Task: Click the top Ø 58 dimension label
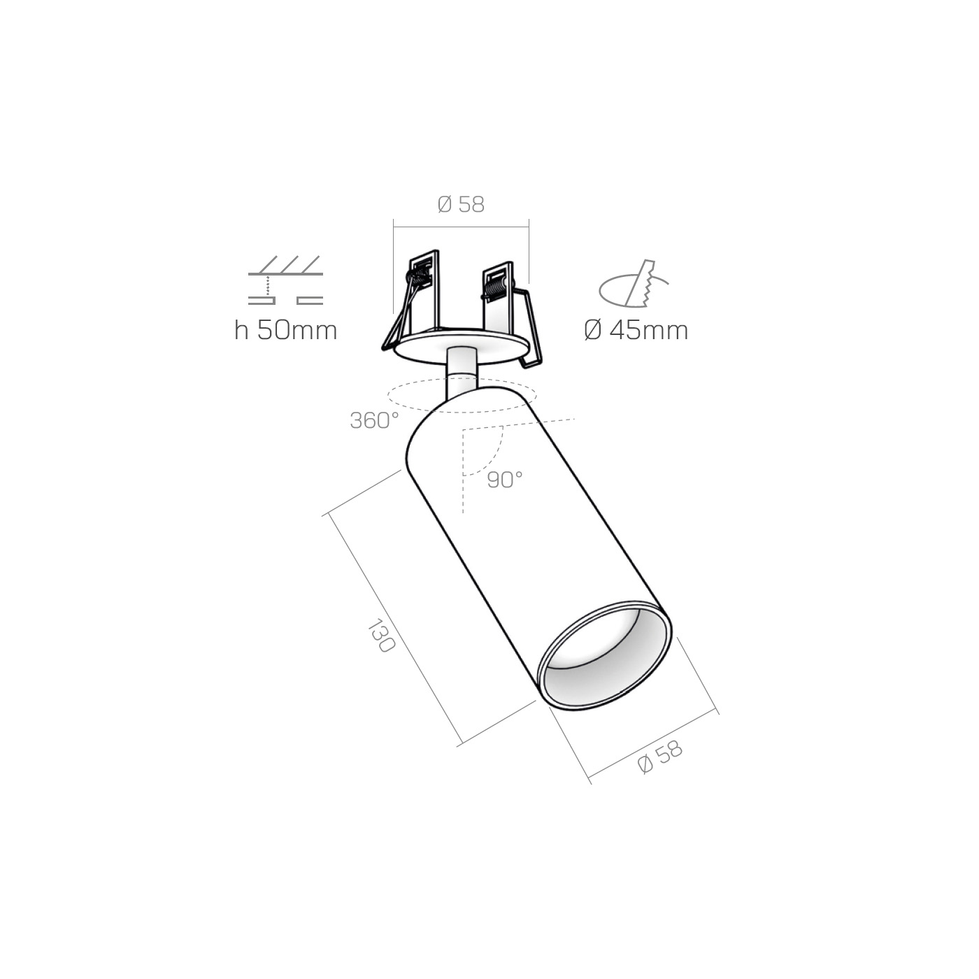[x=461, y=204]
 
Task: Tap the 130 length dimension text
[x=381, y=636]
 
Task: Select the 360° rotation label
[x=374, y=420]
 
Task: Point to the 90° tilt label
[x=505, y=480]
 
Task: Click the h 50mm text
[x=285, y=330]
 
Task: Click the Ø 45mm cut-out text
[x=636, y=330]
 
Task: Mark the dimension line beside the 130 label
[x=392, y=629]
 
